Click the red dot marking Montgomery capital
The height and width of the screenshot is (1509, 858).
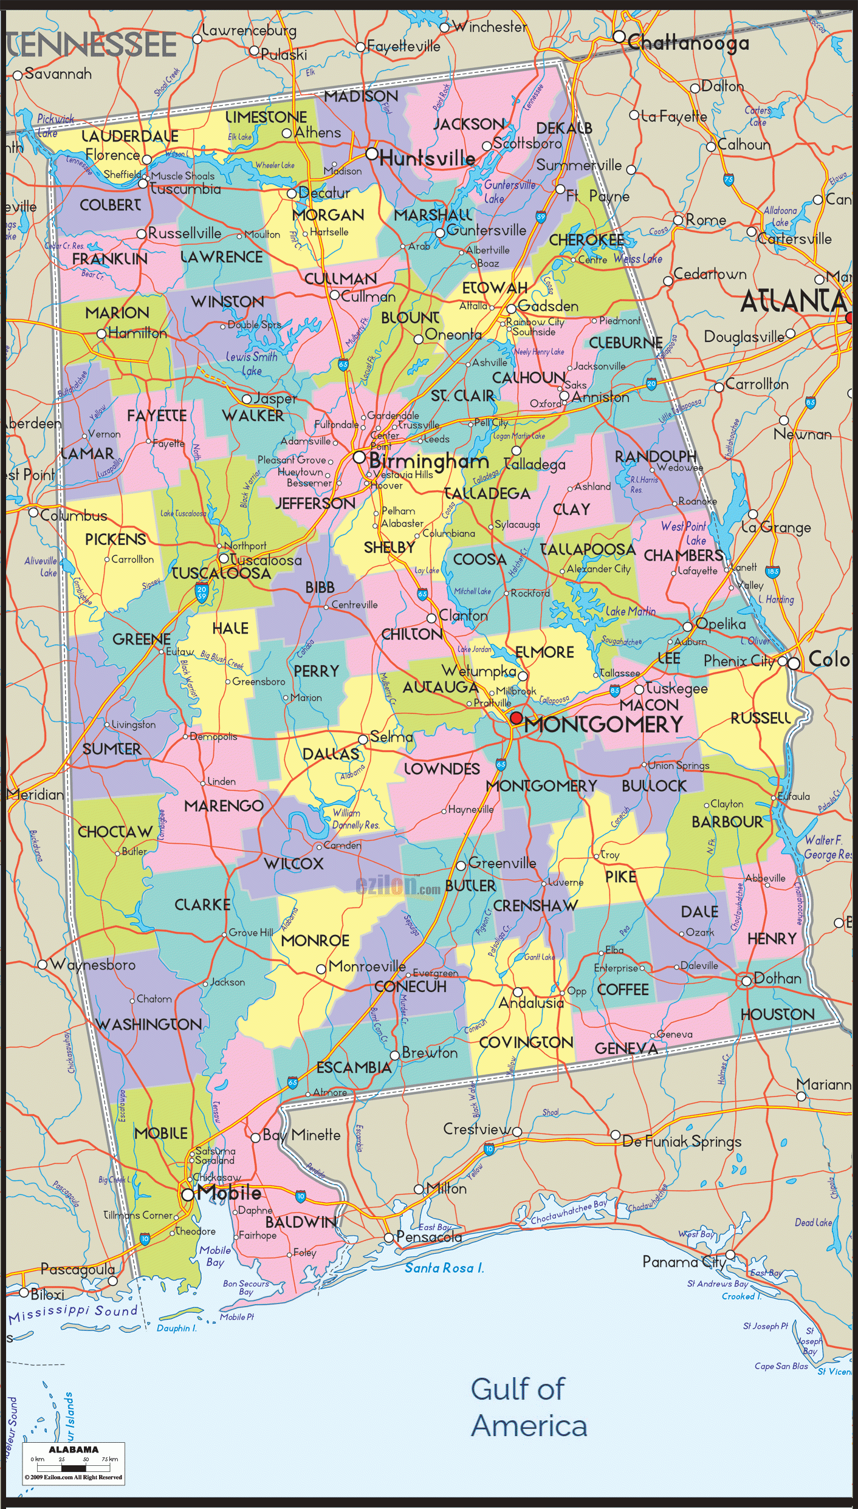[516, 718]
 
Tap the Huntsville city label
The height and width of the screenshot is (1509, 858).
[427, 159]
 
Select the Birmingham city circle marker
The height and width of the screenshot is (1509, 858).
[359, 457]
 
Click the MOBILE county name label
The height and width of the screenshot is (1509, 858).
[161, 1133]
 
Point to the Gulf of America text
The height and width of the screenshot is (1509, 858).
[529, 1407]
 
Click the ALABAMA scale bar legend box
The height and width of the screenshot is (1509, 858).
[74, 1463]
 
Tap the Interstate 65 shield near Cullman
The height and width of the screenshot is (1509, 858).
[343, 364]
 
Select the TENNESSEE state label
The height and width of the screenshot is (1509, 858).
[91, 46]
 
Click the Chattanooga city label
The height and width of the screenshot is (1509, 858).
[688, 43]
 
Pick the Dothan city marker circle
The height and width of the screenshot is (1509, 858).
[746, 981]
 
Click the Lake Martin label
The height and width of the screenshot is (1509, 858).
[630, 611]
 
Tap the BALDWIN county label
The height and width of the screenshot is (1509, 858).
[301, 1222]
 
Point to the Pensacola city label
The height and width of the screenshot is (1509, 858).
[429, 1236]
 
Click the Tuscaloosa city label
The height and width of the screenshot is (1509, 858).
[266, 560]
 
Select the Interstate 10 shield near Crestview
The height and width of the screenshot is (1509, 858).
[489, 1149]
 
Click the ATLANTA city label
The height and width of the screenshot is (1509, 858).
[793, 301]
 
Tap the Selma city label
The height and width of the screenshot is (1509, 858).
[391, 737]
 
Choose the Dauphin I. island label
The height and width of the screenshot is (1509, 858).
[177, 1328]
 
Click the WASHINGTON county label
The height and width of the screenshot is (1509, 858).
[149, 1024]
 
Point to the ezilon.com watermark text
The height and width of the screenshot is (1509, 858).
[398, 886]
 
